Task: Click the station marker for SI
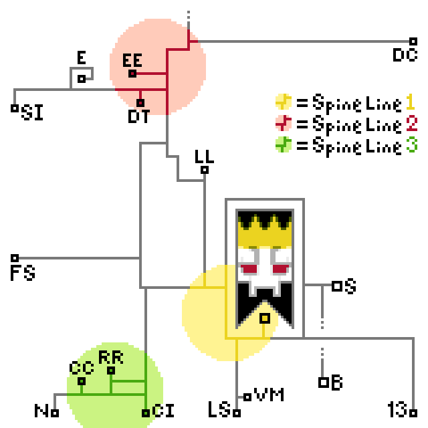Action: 15,108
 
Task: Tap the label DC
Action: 405,55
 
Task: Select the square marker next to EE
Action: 132,73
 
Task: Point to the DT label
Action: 138,116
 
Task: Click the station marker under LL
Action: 205,170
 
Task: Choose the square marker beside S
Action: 337,286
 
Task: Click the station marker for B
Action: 324,383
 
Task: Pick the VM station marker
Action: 247,397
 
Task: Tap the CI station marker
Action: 146,413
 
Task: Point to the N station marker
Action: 55,413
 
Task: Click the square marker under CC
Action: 82,381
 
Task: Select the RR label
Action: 110,357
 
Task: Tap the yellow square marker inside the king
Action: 265,318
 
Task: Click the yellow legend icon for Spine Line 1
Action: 284,102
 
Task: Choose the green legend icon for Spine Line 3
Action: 284,144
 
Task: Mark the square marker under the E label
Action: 82,78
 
